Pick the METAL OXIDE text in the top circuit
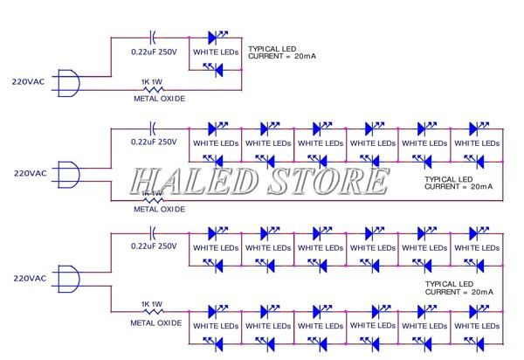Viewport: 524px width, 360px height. pos(159,99)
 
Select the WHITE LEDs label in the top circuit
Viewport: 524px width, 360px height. pos(216,52)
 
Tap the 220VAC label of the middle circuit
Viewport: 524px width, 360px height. pos(31,172)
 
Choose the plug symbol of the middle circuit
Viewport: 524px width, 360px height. pos(69,173)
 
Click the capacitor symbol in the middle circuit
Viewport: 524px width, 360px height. pos(155,128)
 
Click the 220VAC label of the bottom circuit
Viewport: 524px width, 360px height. pos(31,277)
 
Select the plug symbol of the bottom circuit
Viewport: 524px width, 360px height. pos(69,278)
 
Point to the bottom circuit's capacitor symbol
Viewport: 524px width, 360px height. pos(155,232)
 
